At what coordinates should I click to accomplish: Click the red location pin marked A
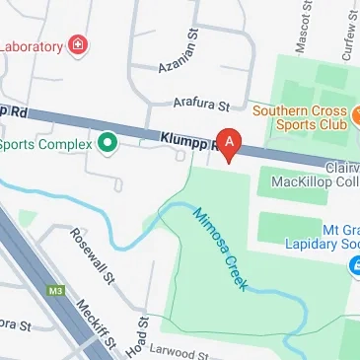230,145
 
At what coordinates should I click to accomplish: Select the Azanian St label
181,61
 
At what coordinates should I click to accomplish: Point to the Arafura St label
200,103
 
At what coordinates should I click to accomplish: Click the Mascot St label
302,32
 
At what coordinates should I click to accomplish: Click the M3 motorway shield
55,291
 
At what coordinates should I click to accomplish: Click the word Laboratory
30,45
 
